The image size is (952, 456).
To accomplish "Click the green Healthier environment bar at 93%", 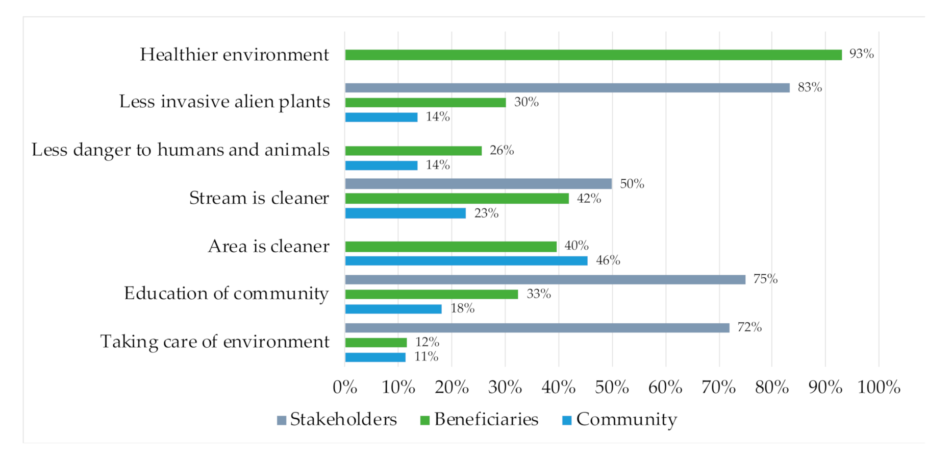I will coord(593,55).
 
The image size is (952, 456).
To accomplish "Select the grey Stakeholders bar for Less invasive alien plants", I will coord(567,88).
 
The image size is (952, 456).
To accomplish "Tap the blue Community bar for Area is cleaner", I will coord(466,261).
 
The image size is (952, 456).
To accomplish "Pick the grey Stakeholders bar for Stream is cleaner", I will coord(478,184).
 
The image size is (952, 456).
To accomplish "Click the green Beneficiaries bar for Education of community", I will coord(431,295).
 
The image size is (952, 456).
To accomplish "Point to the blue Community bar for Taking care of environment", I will coord(375,357).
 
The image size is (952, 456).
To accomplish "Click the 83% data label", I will coord(810,87).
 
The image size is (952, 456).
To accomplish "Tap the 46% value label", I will coord(608,260).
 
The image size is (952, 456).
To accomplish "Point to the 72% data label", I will coord(749,327).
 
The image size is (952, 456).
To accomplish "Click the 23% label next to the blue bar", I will coord(486,213).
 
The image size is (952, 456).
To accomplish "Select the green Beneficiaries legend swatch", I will coord(424,421).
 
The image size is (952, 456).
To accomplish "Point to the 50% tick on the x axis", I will coord(612,388).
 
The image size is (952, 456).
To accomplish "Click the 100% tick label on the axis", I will coord(879,388).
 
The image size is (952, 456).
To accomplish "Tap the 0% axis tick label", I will coord(345,388).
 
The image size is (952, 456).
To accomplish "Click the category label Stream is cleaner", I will coord(259,198).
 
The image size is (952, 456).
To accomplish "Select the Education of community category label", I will coord(227,294).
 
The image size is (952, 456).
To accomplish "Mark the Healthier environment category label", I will coord(234,55).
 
